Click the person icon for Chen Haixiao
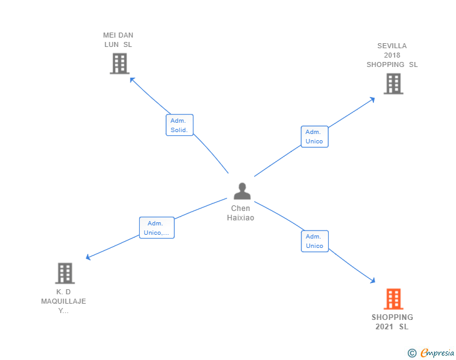242,191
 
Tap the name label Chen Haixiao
241,213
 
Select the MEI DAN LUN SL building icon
119,63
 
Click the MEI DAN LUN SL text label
118,40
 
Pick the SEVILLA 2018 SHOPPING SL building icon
393,83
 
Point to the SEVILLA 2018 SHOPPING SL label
392,55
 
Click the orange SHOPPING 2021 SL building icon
393,299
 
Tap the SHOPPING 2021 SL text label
392,322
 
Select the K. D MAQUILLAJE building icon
65,273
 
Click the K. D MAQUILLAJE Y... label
64,301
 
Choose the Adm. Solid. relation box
179,125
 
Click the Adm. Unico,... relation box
156,228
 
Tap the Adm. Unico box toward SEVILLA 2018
314,136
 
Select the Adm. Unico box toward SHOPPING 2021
314,241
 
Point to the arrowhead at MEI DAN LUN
132,79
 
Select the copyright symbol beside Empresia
412,353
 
